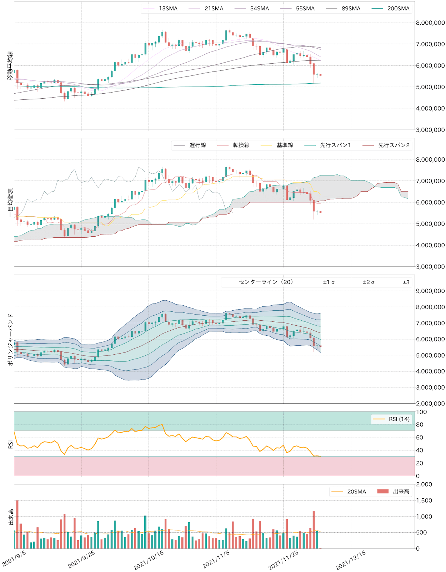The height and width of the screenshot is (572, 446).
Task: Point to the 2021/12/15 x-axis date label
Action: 351,560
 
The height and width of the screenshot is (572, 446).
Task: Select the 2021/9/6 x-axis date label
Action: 14,558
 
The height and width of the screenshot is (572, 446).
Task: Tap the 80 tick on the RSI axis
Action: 420,425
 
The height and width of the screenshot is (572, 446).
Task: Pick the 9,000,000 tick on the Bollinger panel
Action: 430,291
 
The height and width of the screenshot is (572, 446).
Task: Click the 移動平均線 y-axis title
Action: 10,65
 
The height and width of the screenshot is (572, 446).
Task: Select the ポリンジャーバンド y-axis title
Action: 10,339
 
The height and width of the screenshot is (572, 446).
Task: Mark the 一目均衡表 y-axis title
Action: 10,202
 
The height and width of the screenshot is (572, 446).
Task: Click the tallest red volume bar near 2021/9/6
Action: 17,524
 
